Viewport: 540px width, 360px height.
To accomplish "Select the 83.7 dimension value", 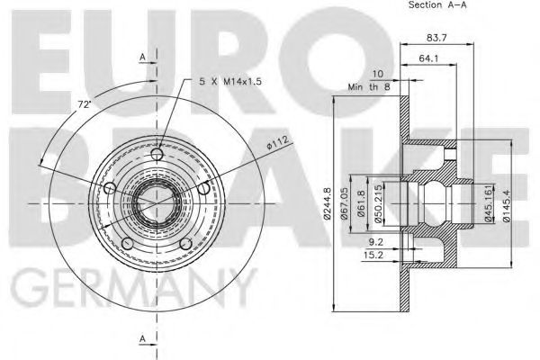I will [438, 37].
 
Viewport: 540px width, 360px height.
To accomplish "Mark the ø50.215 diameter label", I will [382, 203].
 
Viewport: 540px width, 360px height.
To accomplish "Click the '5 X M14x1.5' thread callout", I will [231, 82].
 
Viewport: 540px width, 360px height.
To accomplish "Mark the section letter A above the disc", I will [142, 57].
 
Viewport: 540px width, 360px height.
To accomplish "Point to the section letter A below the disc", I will [142, 338].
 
